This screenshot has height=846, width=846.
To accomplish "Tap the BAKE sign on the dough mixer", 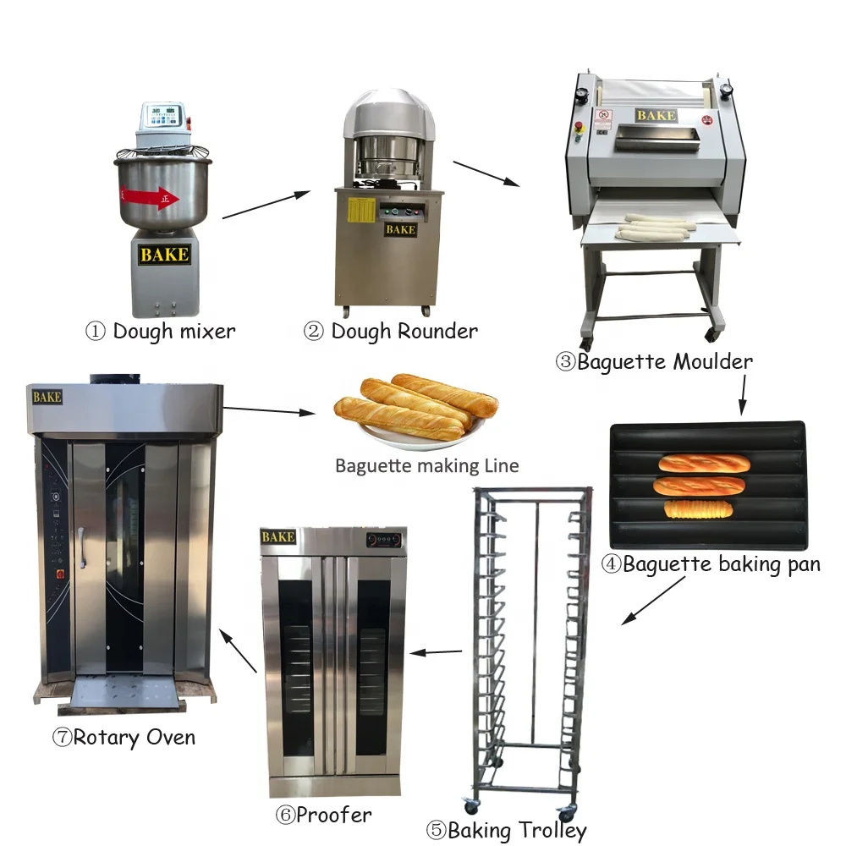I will pyautogui.click(x=164, y=255).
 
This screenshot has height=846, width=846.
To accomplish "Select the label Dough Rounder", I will pyautogui.click(x=391, y=331).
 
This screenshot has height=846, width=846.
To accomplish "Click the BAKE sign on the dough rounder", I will pyautogui.click(x=400, y=229).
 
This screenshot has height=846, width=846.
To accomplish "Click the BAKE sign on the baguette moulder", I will pyautogui.click(x=656, y=115).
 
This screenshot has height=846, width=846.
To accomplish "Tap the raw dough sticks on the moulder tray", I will pyautogui.click(x=651, y=227).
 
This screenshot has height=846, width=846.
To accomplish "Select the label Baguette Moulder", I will pyautogui.click(x=654, y=362).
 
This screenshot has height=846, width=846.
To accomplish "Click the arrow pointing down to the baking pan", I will pyautogui.click(x=743, y=395).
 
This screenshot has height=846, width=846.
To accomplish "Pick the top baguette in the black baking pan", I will pyautogui.click(x=704, y=464).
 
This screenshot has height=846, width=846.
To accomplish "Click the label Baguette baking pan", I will pyautogui.click(x=711, y=564).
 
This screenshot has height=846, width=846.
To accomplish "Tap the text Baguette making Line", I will pyautogui.click(x=426, y=465).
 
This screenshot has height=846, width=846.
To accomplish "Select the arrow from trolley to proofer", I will pyautogui.click(x=436, y=652).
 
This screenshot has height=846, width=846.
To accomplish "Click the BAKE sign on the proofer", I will pyautogui.click(x=277, y=537).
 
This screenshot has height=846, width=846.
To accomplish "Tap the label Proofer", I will pyautogui.click(x=323, y=815).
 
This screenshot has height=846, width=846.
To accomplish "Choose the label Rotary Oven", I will pyautogui.click(x=124, y=737).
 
